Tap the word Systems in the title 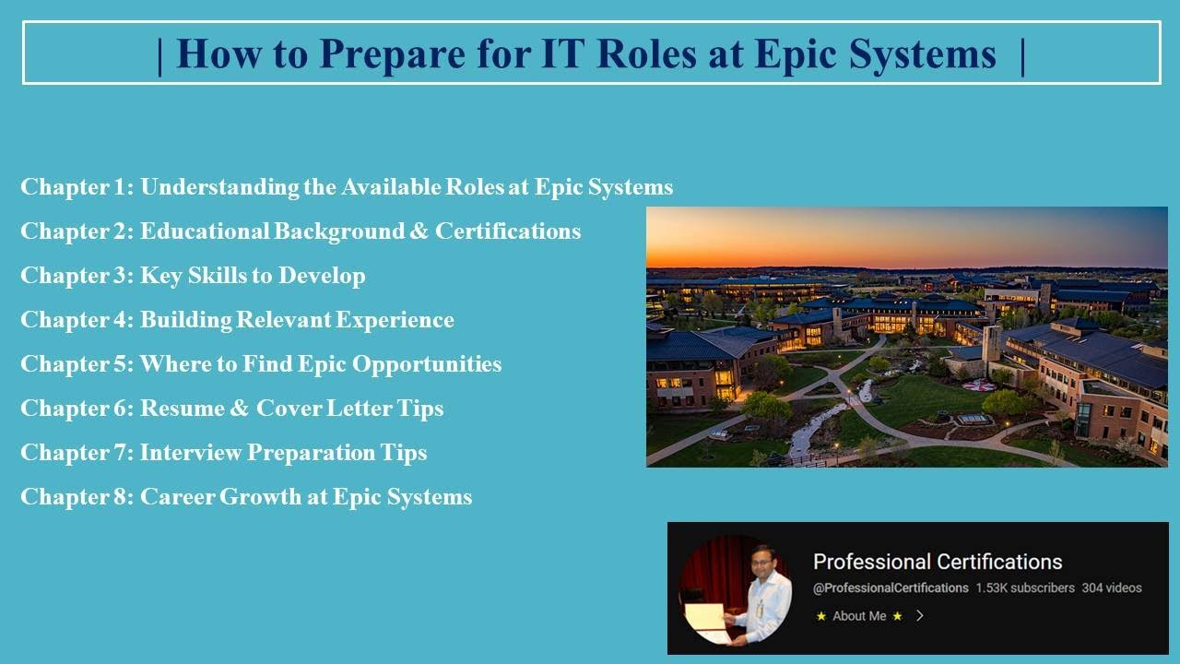(923, 54)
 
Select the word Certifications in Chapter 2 (508, 231)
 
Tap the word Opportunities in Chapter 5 (429, 364)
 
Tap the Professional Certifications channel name (938, 562)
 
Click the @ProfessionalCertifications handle (891, 587)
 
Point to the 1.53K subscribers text (1025, 587)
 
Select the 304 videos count (1112, 587)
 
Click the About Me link (859, 616)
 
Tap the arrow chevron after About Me (919, 616)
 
